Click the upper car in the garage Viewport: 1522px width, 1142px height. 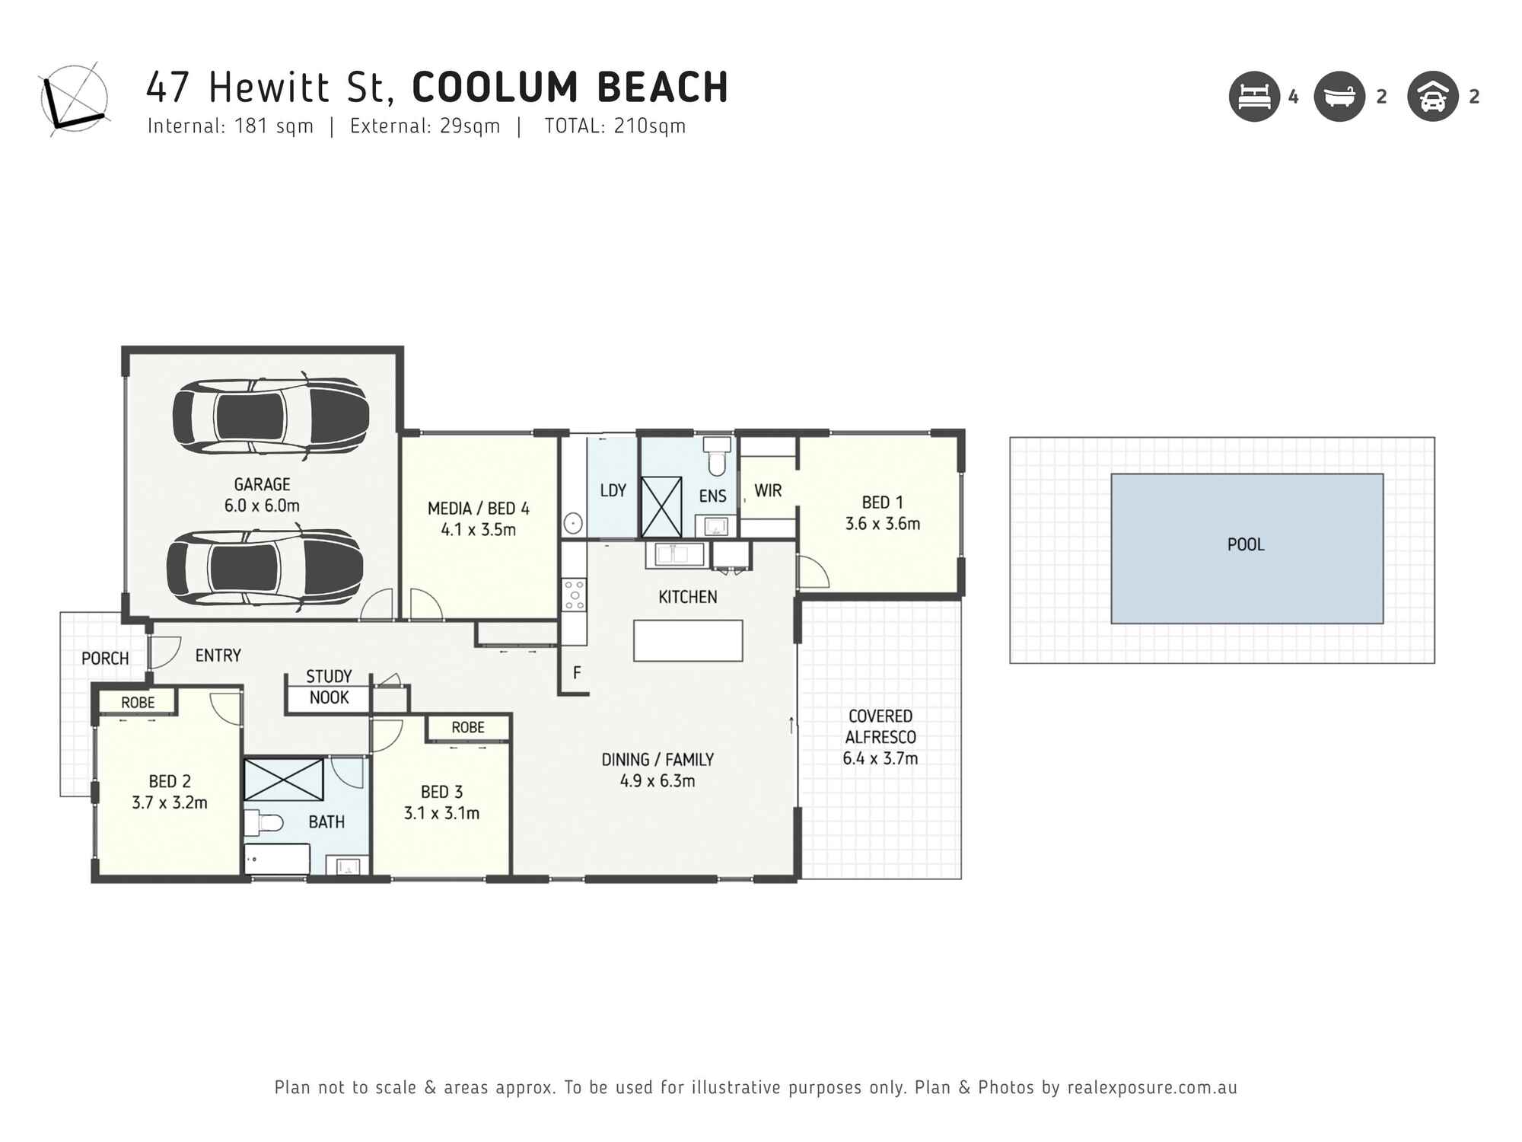pos(271,417)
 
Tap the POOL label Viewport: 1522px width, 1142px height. pos(1246,544)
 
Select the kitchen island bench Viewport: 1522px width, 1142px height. pos(688,640)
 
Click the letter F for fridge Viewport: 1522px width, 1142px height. pos(577,673)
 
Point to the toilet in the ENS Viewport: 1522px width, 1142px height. pos(716,456)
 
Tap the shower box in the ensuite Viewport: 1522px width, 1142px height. pos(661,507)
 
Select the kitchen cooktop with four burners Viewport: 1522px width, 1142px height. pos(574,595)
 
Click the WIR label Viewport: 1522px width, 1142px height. pos(768,491)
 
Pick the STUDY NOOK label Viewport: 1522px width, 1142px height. pos(329,687)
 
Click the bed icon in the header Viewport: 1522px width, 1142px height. pos(1254,97)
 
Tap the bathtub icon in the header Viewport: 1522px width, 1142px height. pos(1339,97)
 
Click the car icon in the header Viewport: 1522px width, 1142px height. pos(1432,97)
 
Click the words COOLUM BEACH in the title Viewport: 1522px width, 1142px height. pos(570,87)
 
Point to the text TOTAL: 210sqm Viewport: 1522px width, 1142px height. pos(615,126)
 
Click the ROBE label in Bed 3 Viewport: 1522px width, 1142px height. pos(467,728)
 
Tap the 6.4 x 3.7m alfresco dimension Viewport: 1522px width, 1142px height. pos(880,758)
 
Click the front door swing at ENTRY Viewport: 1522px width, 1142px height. pos(164,651)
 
